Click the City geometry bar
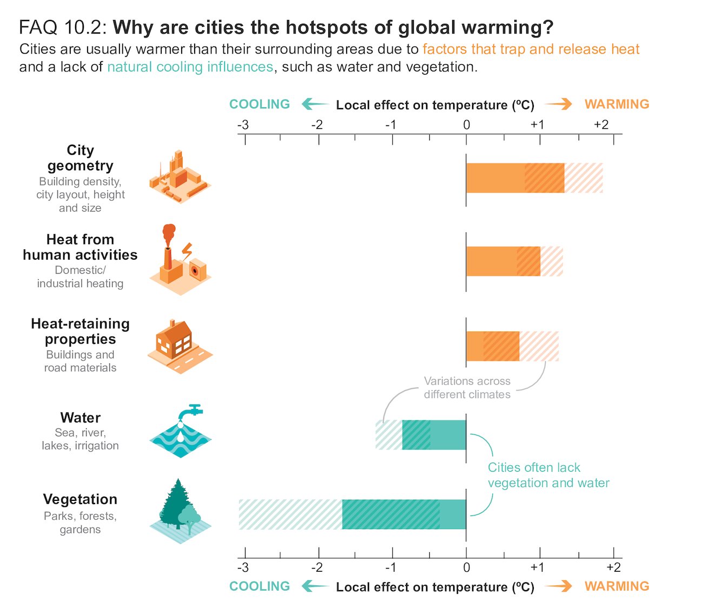coord(534,178)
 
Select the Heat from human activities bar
coord(514,261)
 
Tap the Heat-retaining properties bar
coord(512,346)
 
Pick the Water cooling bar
coord(421,435)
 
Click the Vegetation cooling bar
coord(352,514)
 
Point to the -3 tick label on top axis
coord(243,125)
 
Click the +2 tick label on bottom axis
coord(613,567)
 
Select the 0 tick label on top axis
coord(466,125)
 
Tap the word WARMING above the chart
coord(617,104)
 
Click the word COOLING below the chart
coord(260,586)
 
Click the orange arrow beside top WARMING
coord(558,104)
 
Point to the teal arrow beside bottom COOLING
coord(315,586)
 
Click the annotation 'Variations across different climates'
coord(467,388)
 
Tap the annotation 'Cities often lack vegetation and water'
coord(548,475)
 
